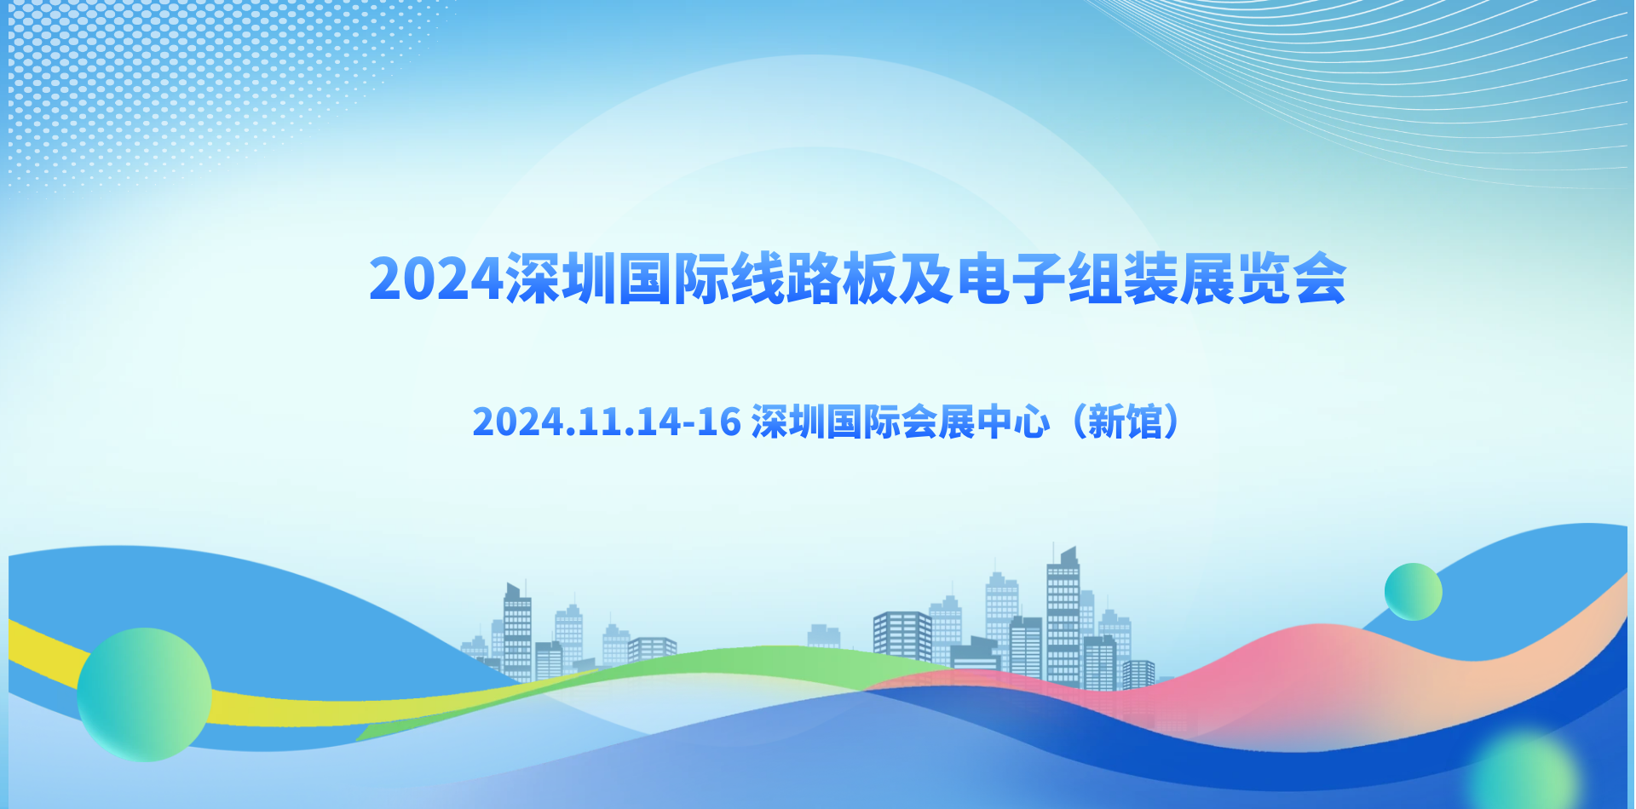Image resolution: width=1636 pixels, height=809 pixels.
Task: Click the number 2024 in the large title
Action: tap(436, 278)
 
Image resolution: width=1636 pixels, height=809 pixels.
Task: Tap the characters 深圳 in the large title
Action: tap(561, 278)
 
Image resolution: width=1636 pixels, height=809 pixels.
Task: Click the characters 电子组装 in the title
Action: tap(1067, 278)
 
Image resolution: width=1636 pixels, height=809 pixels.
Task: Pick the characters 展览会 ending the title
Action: tap(1264, 278)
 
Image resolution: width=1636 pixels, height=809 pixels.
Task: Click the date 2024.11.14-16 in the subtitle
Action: tap(607, 422)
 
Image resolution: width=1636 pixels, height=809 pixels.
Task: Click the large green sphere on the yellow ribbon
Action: tap(144, 695)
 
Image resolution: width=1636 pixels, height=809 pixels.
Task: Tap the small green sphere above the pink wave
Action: tap(1413, 592)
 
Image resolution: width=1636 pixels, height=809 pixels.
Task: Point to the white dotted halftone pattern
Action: tap(196, 85)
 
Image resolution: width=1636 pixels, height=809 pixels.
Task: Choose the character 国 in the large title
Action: tap(645, 278)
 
